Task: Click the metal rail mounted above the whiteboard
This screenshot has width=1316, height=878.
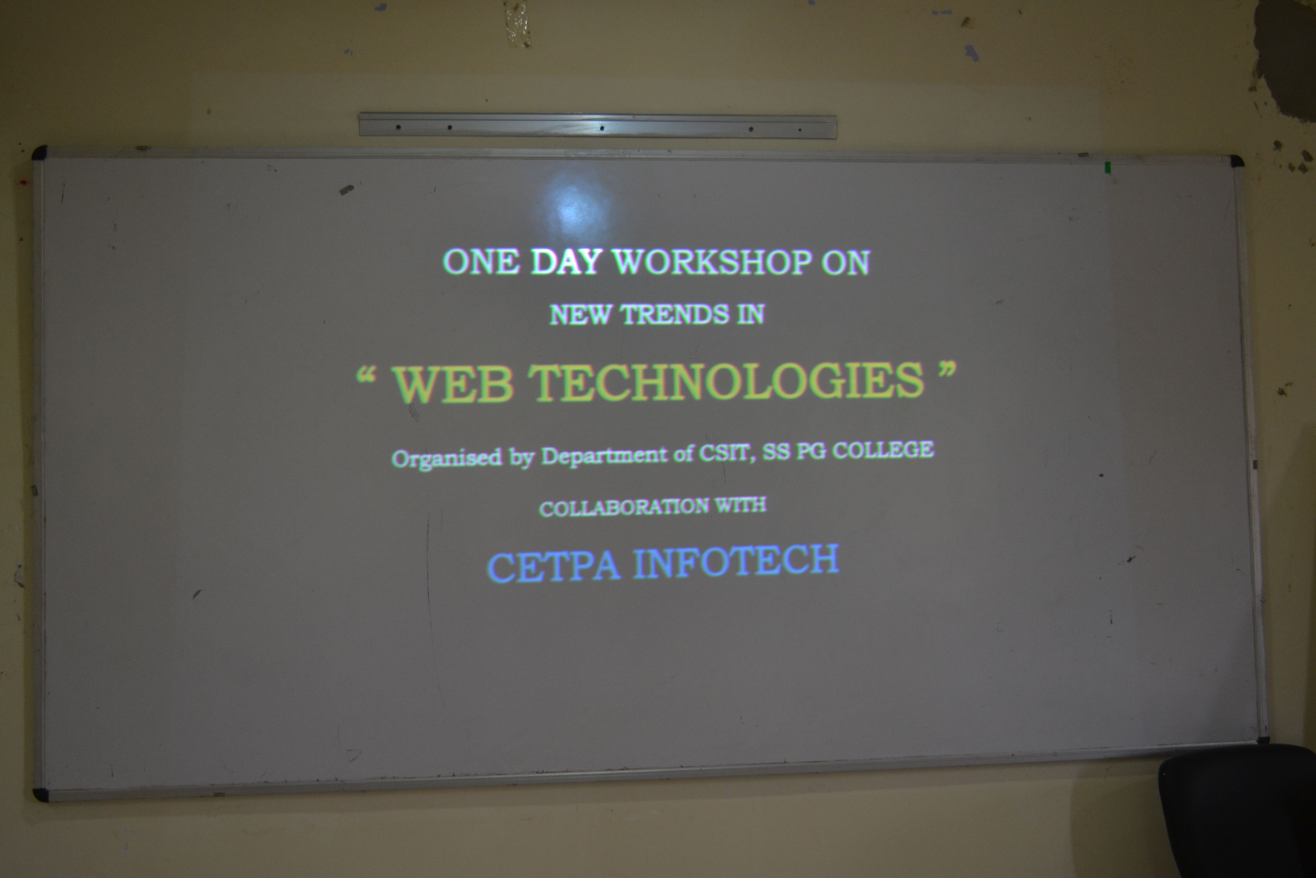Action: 597,125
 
